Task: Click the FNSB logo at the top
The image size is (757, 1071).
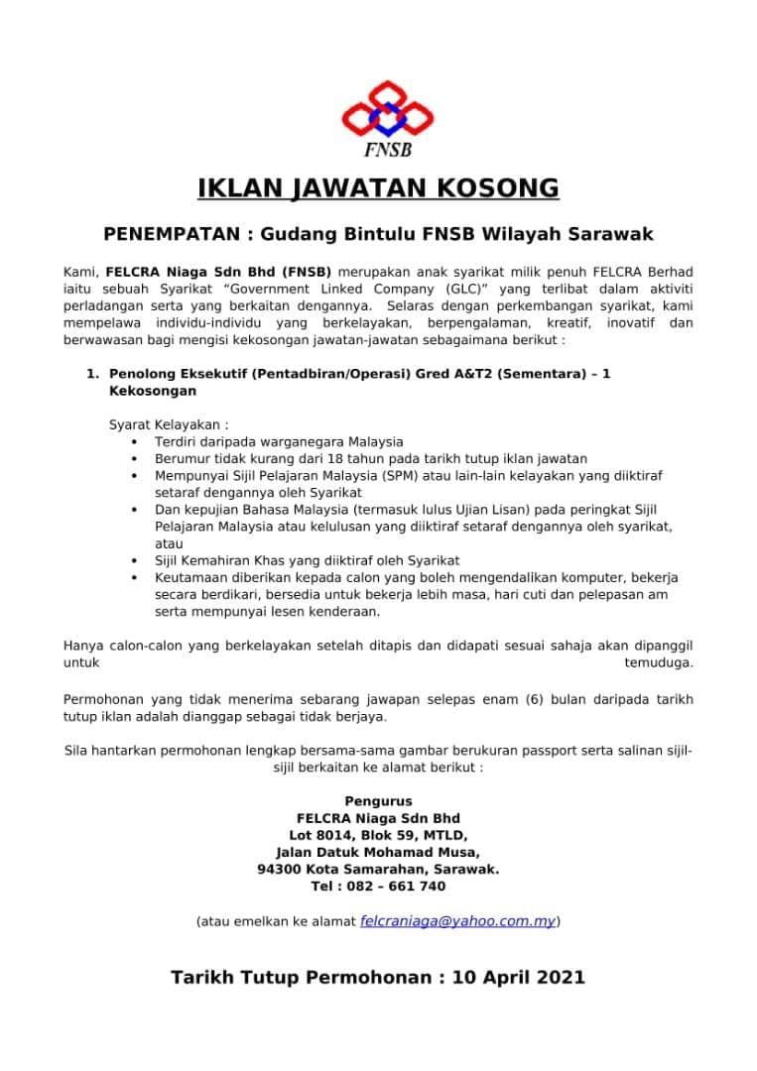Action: pos(386,117)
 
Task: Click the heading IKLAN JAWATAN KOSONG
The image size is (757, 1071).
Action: pos(378,188)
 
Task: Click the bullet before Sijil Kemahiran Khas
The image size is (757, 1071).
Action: pos(134,560)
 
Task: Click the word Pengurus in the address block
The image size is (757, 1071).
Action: pos(378,801)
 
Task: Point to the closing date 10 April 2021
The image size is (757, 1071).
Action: pos(518,978)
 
